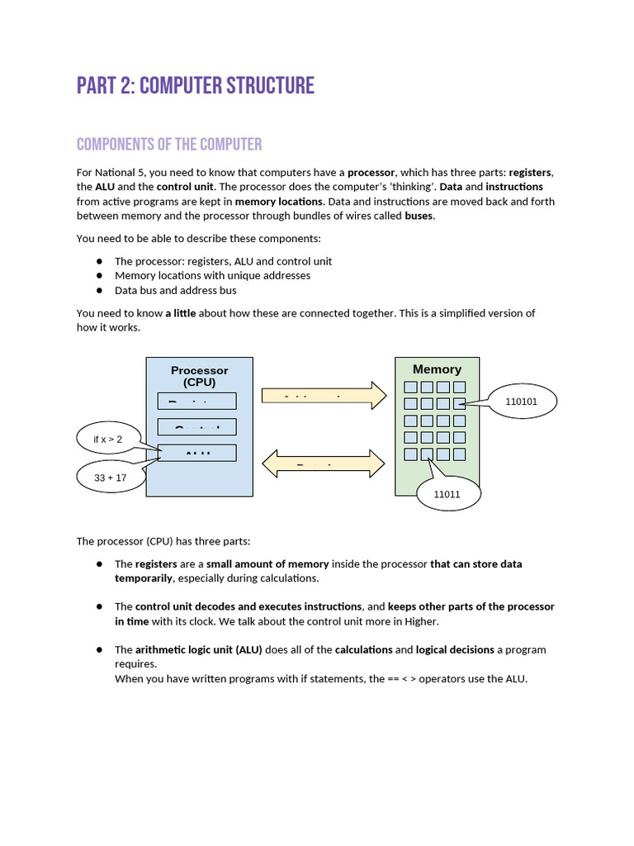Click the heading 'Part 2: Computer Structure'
[196, 85]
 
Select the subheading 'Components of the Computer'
[169, 145]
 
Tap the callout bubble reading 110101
[521, 402]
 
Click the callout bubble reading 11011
[447, 495]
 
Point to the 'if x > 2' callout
[108, 439]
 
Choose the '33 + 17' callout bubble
[110, 478]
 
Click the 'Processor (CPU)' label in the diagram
[199, 376]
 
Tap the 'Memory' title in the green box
[437, 369]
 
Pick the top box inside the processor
[196, 401]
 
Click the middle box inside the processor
[196, 427]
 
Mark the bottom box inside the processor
[196, 453]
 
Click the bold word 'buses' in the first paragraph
[419, 216]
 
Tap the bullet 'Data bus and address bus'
[175, 290]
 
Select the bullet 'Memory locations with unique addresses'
[212, 275]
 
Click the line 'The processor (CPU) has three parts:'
[163, 541]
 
